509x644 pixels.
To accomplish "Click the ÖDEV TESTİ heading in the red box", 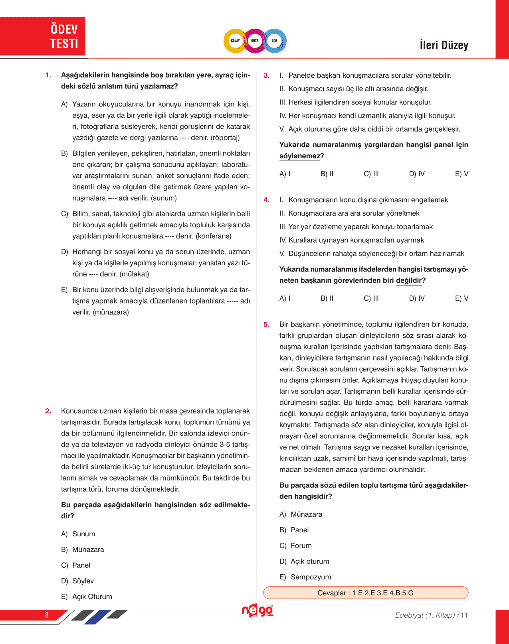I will (64, 36).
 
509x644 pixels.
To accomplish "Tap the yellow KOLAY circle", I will (236, 41).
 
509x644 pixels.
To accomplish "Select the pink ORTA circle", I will (255, 41).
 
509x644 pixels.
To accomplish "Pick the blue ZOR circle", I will (275, 41).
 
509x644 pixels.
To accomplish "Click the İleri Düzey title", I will (444, 45).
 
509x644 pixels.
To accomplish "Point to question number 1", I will (48, 75).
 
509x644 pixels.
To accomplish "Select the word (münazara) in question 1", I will (111, 312).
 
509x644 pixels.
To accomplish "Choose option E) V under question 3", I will (461, 174).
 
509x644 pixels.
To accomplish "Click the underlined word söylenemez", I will (300, 156).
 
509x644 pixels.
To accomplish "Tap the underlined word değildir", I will (409, 281).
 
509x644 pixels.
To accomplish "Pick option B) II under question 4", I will (327, 298).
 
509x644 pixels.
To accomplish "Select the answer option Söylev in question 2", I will (83, 581).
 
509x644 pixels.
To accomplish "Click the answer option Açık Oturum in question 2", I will (92, 597).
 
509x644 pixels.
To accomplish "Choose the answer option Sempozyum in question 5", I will (311, 577).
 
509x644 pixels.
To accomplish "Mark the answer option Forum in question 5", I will (301, 546).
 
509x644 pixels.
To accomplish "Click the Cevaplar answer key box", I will (365, 593).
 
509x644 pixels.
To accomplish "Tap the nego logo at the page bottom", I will (257, 611).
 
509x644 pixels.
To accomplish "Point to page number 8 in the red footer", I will (47, 615).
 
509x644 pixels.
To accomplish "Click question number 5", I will (267, 325).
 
